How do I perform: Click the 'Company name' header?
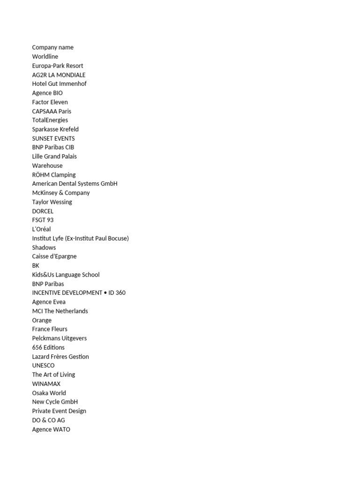coord(52,47)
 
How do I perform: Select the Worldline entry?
coord(45,57)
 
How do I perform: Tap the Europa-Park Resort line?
coord(58,66)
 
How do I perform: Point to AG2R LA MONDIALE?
coord(59,75)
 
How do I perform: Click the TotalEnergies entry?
coord(50,120)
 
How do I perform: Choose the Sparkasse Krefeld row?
coord(55,129)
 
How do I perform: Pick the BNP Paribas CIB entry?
coord(53,147)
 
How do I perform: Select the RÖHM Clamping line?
coord(53,175)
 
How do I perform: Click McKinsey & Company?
coord(61,193)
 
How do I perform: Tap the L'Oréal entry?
coord(41,229)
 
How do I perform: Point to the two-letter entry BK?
coord(36,266)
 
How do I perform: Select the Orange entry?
coord(42,320)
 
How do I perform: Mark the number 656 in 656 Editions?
coord(37,347)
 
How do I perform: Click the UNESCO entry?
coord(43,366)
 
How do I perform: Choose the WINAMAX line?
coord(46,384)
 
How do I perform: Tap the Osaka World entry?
coord(49,393)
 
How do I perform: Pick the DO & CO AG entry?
coord(48,420)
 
